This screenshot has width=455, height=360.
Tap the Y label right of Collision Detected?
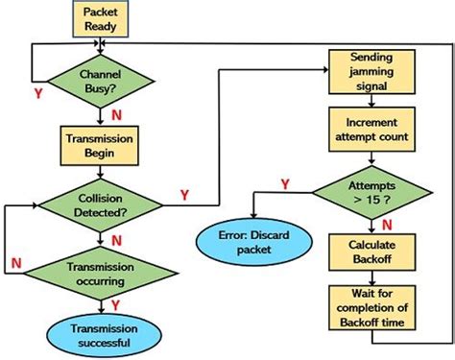coord(184,195)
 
